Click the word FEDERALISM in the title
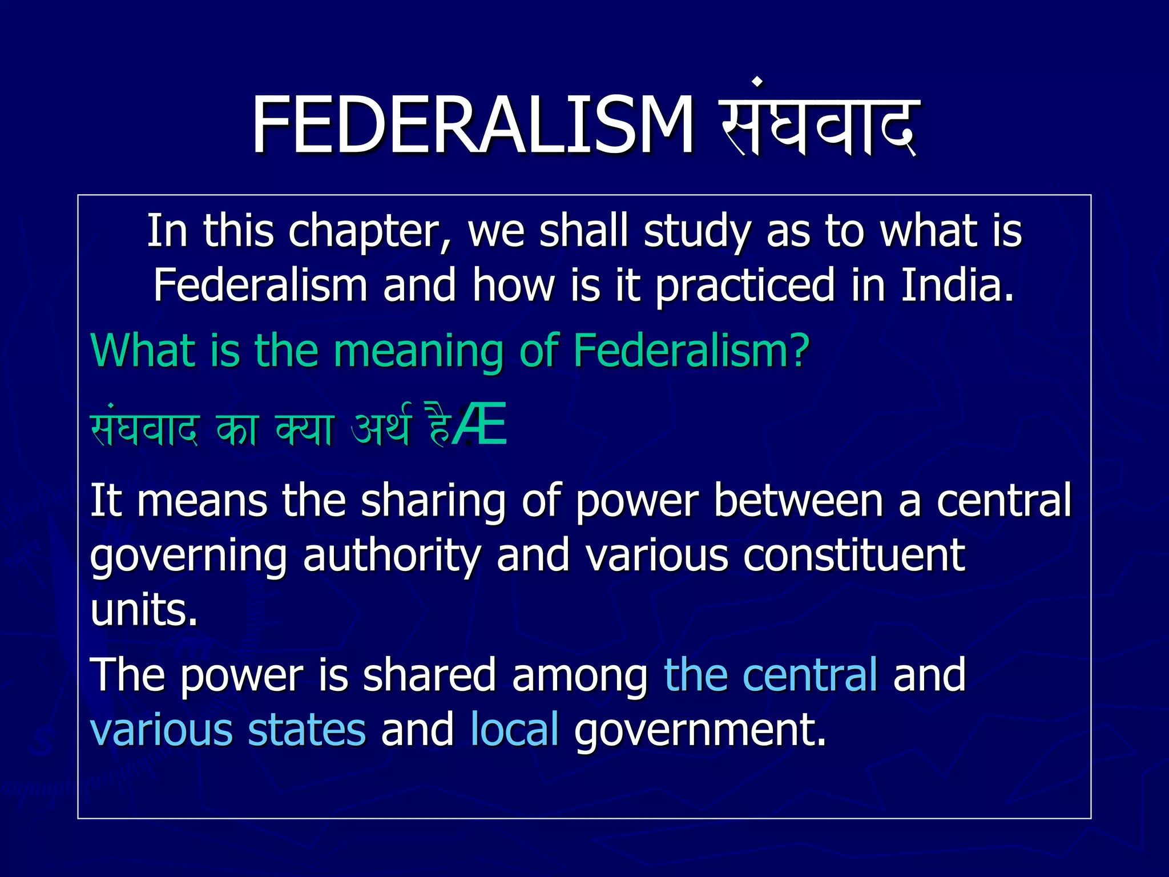[473, 126]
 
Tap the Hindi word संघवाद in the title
[819, 123]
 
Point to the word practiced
[745, 285]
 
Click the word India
[957, 285]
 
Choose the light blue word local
[514, 729]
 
